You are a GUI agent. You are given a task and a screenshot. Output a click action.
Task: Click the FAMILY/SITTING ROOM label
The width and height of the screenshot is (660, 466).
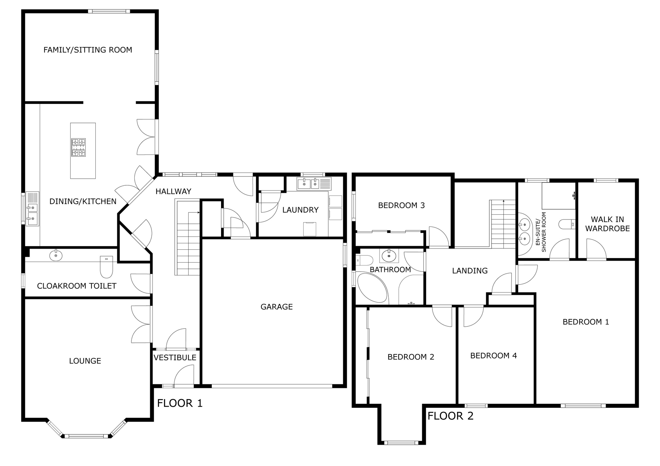coord(88,50)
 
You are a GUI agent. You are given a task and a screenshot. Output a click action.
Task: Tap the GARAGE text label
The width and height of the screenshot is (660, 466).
coord(277,307)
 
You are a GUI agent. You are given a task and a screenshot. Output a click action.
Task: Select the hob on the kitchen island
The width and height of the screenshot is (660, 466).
coord(79,147)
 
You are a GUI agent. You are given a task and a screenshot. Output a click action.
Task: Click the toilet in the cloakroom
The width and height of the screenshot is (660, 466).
coord(106,267)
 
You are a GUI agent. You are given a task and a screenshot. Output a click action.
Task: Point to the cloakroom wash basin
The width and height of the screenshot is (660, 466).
coord(56,256)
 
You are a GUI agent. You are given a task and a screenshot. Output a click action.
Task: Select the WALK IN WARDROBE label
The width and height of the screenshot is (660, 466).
coord(607,224)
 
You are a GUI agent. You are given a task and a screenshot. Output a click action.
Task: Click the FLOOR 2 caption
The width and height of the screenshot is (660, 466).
coord(451,416)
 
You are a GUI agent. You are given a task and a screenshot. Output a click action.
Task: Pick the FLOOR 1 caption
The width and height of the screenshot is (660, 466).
coord(180,403)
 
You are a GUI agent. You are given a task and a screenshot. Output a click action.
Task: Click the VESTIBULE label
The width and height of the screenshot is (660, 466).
coord(175,358)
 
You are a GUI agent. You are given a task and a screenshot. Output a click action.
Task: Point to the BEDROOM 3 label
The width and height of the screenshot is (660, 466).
coord(402,205)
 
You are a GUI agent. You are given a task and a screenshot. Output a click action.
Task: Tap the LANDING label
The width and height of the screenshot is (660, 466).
coord(470,271)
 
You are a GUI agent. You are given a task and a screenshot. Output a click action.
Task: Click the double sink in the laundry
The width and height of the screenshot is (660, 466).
coord(308,184)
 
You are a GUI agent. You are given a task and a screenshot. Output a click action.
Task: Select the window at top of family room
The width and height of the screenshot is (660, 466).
coord(109,11)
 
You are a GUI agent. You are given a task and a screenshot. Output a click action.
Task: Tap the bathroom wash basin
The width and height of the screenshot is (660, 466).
coord(389,256)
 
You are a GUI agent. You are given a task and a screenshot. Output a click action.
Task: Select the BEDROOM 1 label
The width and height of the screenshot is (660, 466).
coord(586,322)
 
